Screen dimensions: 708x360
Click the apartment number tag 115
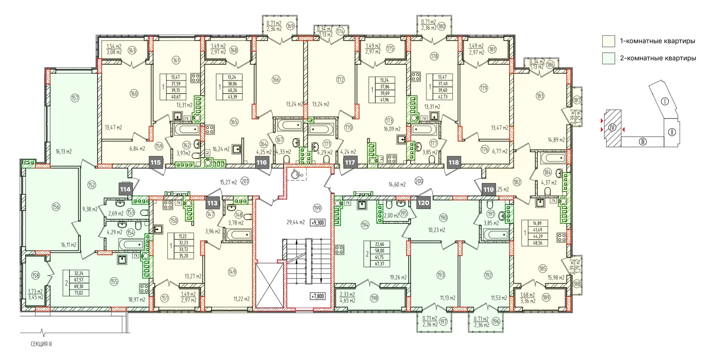coord(156,162)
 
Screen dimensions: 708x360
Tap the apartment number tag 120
coord(423,203)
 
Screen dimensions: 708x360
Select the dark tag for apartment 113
coord(212,203)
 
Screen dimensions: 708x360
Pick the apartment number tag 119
coord(488,189)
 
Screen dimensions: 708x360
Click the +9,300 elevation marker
coord(317,222)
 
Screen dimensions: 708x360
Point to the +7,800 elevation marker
coord(317,296)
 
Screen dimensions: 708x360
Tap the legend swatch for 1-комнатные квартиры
coord(609,41)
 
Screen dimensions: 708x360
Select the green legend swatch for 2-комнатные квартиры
coord(609,58)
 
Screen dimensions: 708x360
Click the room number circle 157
coord(75,98)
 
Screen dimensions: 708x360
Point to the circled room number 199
coord(317,208)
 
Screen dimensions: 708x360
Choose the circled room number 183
coord(540,96)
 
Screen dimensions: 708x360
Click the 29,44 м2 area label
coord(295,222)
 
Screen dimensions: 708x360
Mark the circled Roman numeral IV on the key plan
coord(612,127)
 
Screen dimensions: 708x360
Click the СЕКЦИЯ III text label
coord(41,344)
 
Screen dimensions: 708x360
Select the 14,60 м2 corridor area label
coord(397,184)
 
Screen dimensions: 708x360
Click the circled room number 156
coord(56,207)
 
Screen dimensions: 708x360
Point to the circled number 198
coord(374,298)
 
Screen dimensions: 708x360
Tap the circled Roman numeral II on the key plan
coord(672,132)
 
